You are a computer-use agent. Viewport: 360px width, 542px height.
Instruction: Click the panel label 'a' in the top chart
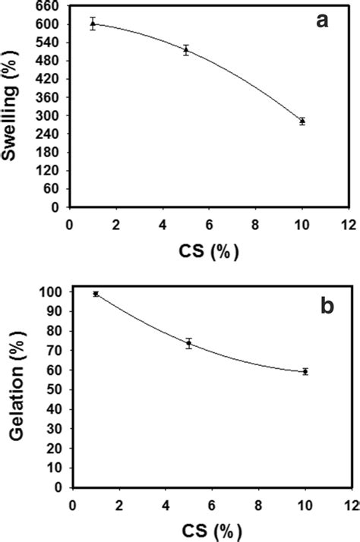coord(322,22)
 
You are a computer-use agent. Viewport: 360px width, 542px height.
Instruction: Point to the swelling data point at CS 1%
coord(93,24)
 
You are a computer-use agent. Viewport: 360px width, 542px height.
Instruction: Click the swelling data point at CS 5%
coord(185,50)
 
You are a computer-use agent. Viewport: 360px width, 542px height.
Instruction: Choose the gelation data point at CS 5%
coord(188,343)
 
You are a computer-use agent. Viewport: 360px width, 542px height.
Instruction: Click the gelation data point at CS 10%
coord(305,371)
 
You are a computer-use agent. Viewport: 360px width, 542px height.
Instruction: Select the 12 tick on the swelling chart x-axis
coord(348,225)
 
